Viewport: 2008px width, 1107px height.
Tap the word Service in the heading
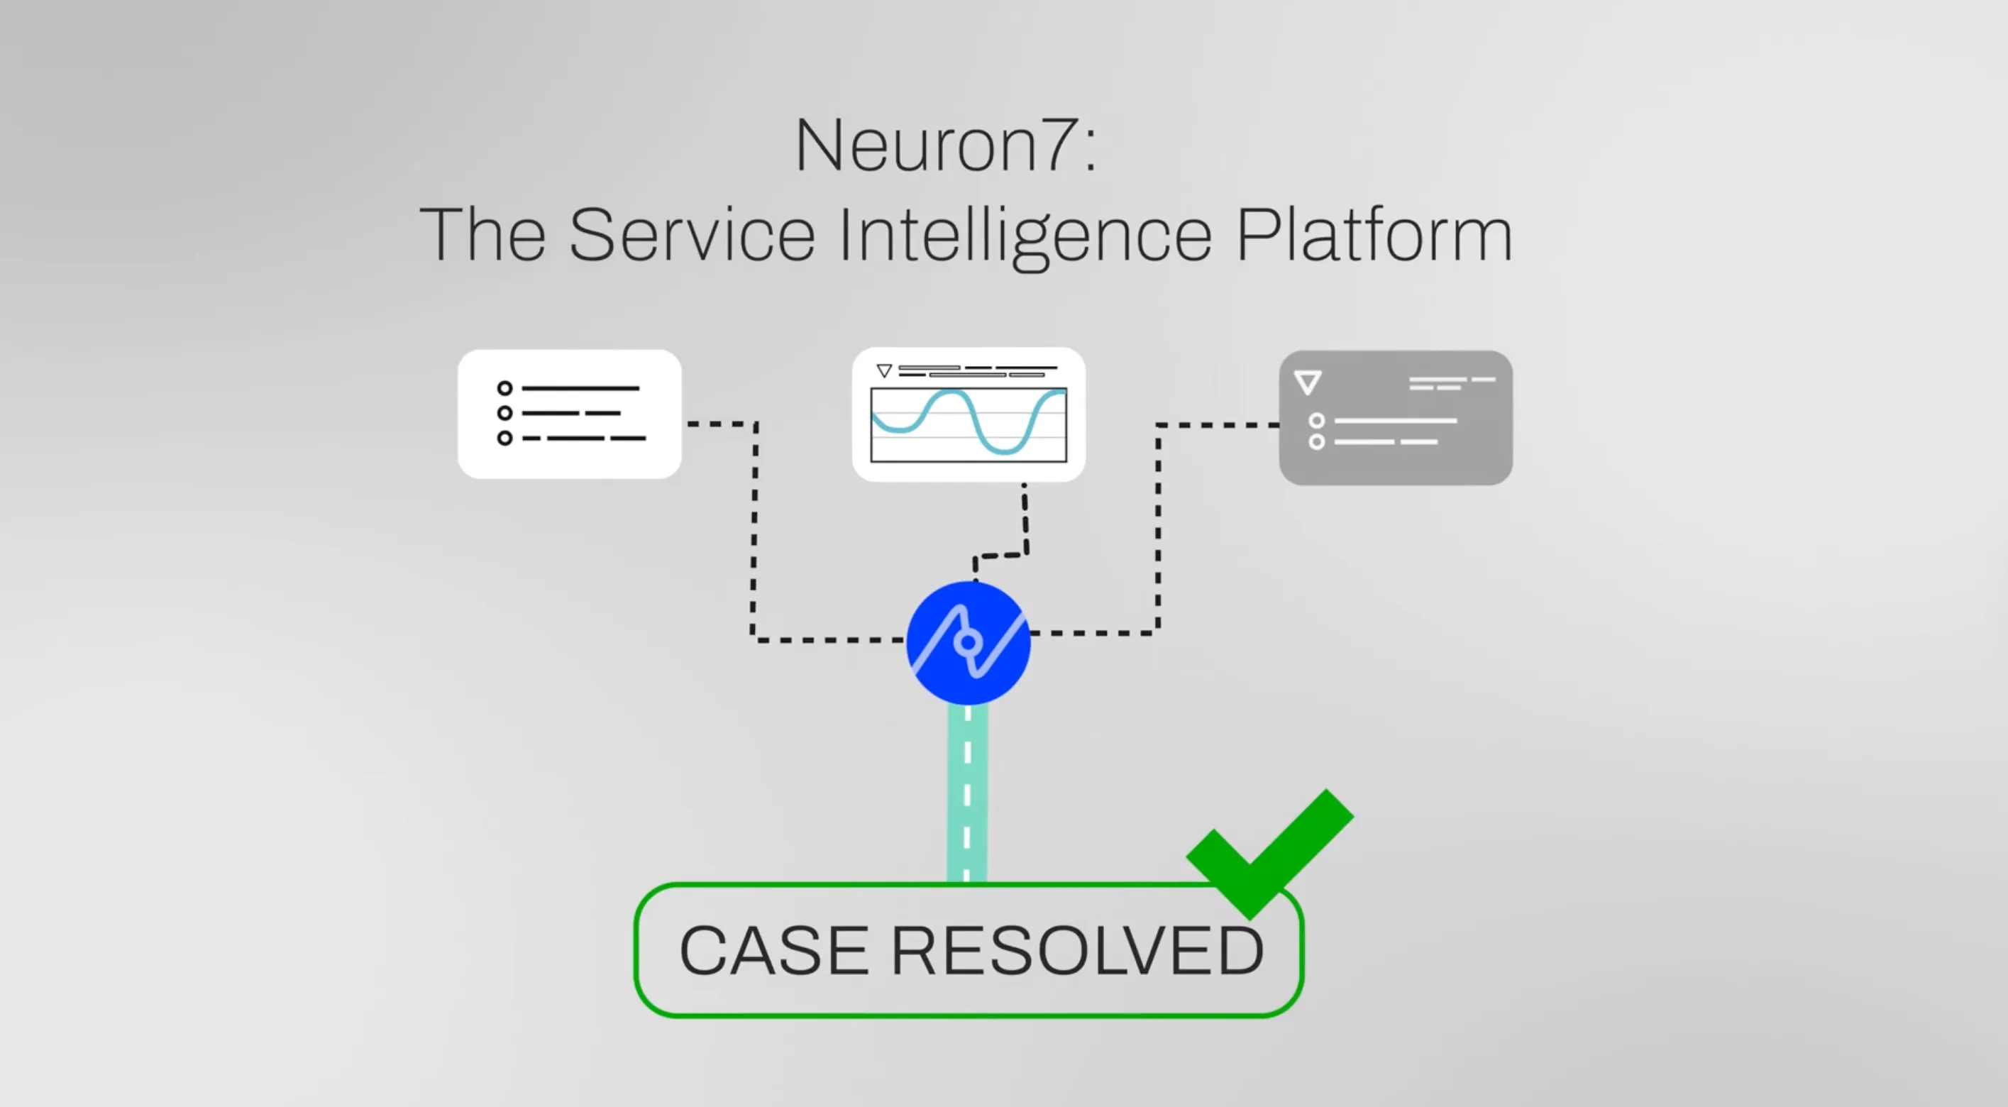click(693, 235)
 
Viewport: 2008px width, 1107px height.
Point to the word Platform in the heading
click(1374, 235)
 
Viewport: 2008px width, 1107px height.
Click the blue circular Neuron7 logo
click(968, 642)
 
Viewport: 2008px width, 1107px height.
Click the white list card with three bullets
click(569, 414)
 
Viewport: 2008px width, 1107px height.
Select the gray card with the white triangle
click(1395, 418)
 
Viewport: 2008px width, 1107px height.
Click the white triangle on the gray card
click(1307, 382)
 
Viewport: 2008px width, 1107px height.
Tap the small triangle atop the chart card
click(884, 370)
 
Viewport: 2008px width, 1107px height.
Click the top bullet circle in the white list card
click(504, 388)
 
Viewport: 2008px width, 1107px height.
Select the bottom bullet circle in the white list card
click(504, 438)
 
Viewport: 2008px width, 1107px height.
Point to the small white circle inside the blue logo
click(968, 642)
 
